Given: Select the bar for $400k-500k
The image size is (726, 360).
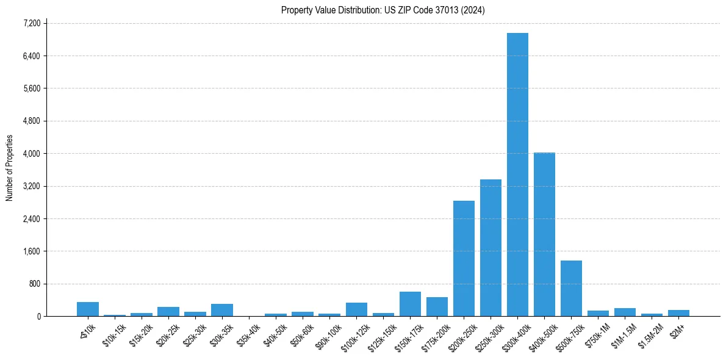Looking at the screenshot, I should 544,234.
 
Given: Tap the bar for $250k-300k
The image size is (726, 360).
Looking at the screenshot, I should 491,248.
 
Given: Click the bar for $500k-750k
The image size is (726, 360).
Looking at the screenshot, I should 571,288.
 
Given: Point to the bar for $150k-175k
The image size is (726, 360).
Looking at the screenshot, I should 410,304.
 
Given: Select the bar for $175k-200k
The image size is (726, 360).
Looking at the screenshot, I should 437,306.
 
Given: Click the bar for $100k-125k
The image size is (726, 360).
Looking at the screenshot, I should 356,309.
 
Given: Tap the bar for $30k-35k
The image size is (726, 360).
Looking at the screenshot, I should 222,310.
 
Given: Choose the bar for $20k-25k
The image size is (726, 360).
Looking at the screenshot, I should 168,311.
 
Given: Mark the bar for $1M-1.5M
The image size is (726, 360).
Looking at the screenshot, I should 625,312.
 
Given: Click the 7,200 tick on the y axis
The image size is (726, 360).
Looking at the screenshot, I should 32,23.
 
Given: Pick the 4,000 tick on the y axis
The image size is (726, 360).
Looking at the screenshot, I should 32,153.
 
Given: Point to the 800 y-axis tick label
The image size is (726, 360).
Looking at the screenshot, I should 35,284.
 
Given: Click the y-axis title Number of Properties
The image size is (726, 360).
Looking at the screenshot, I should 9,168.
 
